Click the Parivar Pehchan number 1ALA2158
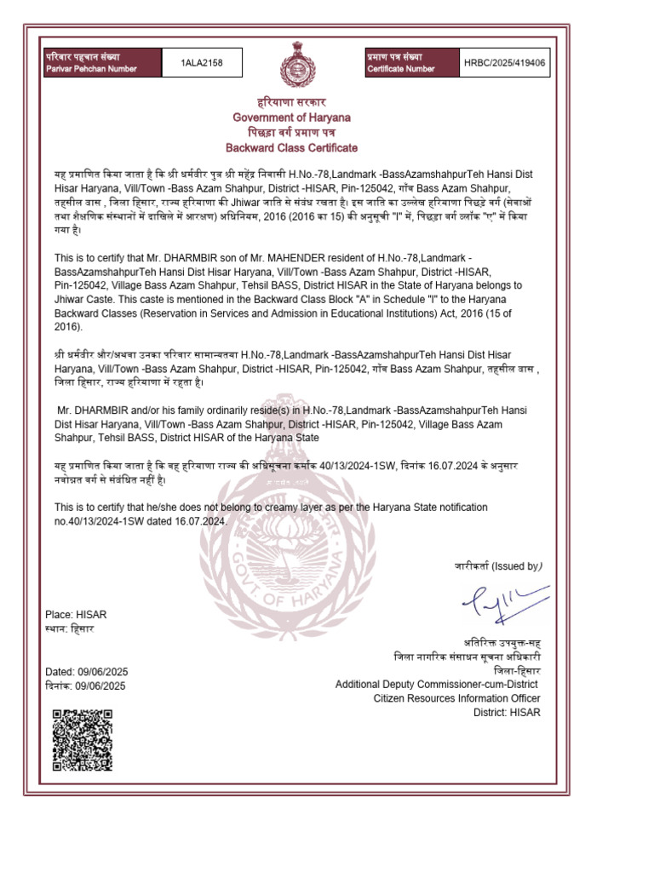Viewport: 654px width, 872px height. point(202,63)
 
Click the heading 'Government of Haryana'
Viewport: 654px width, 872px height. point(292,117)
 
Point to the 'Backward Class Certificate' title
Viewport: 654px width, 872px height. point(292,148)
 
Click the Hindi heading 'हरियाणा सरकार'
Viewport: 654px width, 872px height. point(292,102)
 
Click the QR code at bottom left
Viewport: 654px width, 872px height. point(83,739)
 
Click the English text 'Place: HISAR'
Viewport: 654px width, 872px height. point(75,615)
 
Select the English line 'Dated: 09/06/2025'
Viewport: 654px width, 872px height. point(85,672)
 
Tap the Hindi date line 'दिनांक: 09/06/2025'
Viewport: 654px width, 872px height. point(85,686)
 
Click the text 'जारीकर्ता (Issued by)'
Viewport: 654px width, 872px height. point(496,566)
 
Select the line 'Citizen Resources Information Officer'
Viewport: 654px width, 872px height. point(456,698)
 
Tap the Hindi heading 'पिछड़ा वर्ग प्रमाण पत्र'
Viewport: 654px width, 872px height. point(292,133)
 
